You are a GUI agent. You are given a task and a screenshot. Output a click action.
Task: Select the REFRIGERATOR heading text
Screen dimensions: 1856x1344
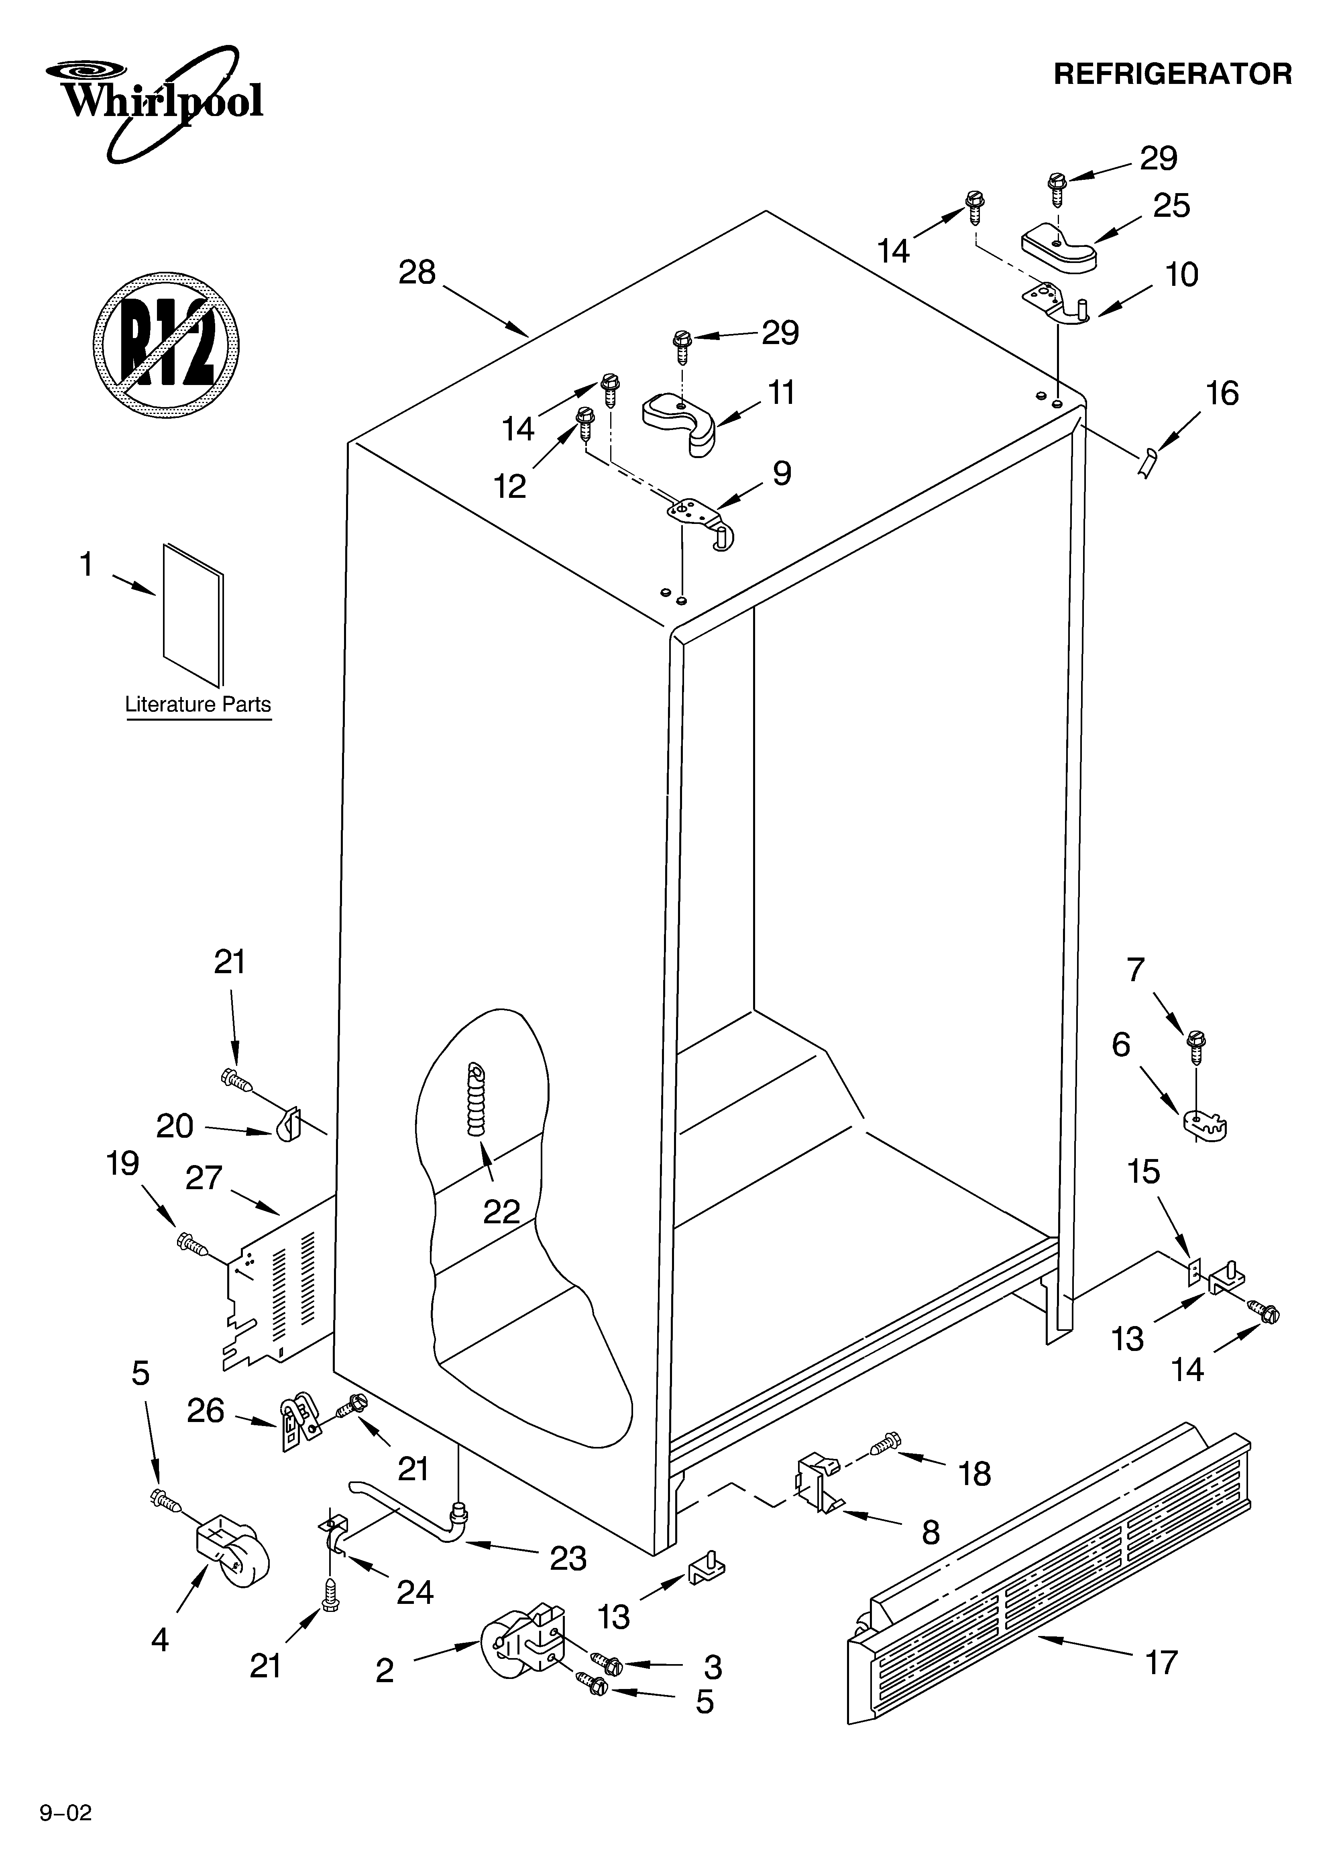click(1172, 74)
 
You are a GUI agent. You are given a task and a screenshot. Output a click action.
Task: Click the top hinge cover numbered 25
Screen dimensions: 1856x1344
click(1058, 248)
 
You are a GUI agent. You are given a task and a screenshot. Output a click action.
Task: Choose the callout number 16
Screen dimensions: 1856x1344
click(1222, 393)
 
